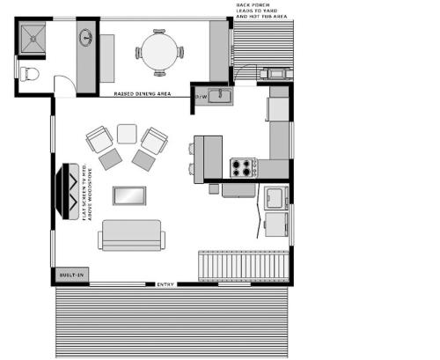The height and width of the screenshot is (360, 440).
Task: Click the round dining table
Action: pos(159,51)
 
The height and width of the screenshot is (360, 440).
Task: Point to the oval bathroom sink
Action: pos(86,38)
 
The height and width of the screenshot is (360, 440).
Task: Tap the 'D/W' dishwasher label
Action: pos(201,96)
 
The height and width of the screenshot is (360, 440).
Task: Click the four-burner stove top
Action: pos(242,166)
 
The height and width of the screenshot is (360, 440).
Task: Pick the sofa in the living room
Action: pos(131,234)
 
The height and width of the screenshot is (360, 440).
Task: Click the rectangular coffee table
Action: pos(129,195)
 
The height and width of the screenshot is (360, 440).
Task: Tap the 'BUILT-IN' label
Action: pos(71,276)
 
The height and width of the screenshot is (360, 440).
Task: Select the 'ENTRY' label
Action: pos(166,284)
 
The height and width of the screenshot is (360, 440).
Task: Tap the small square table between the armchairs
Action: pos(128,134)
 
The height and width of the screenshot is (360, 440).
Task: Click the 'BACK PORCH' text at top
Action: pos(251,4)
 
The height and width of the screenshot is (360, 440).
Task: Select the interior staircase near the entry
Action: pos(243,265)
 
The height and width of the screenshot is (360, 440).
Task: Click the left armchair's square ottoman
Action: pos(110,159)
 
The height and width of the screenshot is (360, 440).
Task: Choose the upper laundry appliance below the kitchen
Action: pos(275,195)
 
